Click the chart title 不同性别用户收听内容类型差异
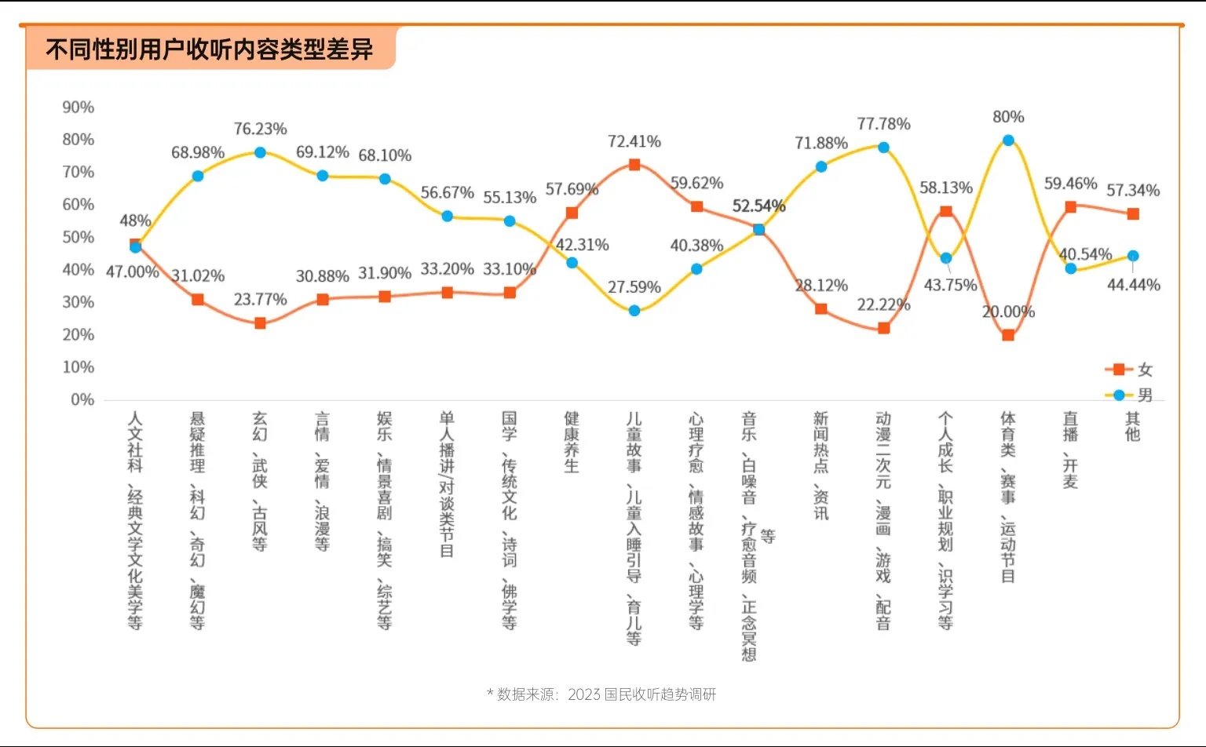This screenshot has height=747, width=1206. (x=209, y=49)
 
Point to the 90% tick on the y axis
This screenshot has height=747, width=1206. (x=79, y=107)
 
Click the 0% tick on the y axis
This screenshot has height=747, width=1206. (x=82, y=399)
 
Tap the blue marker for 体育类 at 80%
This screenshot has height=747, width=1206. (x=1008, y=140)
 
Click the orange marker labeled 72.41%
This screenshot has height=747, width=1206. (x=634, y=165)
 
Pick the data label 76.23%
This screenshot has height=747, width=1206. (x=260, y=129)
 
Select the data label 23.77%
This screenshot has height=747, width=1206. (x=260, y=299)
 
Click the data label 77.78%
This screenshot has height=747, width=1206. (x=883, y=124)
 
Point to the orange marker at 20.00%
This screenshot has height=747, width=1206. (x=1008, y=335)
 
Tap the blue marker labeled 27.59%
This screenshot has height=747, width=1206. (x=634, y=311)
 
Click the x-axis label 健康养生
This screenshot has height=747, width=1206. (x=572, y=442)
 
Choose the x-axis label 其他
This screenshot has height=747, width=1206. (x=1132, y=426)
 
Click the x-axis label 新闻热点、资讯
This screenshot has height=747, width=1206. (x=820, y=465)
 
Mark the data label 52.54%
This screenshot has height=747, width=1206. (x=758, y=206)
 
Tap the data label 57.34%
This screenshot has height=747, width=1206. (x=1132, y=190)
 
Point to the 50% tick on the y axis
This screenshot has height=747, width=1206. (x=79, y=237)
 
